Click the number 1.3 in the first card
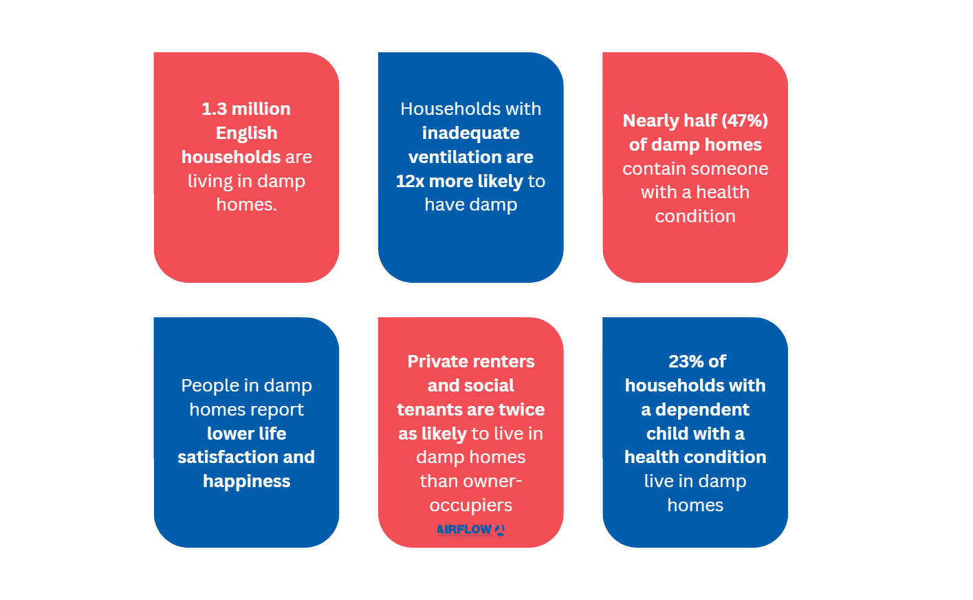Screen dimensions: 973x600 pos(214,109)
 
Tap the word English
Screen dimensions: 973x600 pos(247,133)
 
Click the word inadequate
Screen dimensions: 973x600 pos(471,133)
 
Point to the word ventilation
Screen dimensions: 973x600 pos(452,157)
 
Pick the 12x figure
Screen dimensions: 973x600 pos(410,181)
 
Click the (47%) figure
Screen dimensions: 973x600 pos(745,120)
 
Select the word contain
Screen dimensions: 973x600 pos(646,169)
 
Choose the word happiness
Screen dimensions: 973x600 pos(247,482)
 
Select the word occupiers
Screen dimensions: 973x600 pos(471,506)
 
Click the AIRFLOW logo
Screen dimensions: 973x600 pos(471,530)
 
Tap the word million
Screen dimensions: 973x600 pos(261,109)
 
